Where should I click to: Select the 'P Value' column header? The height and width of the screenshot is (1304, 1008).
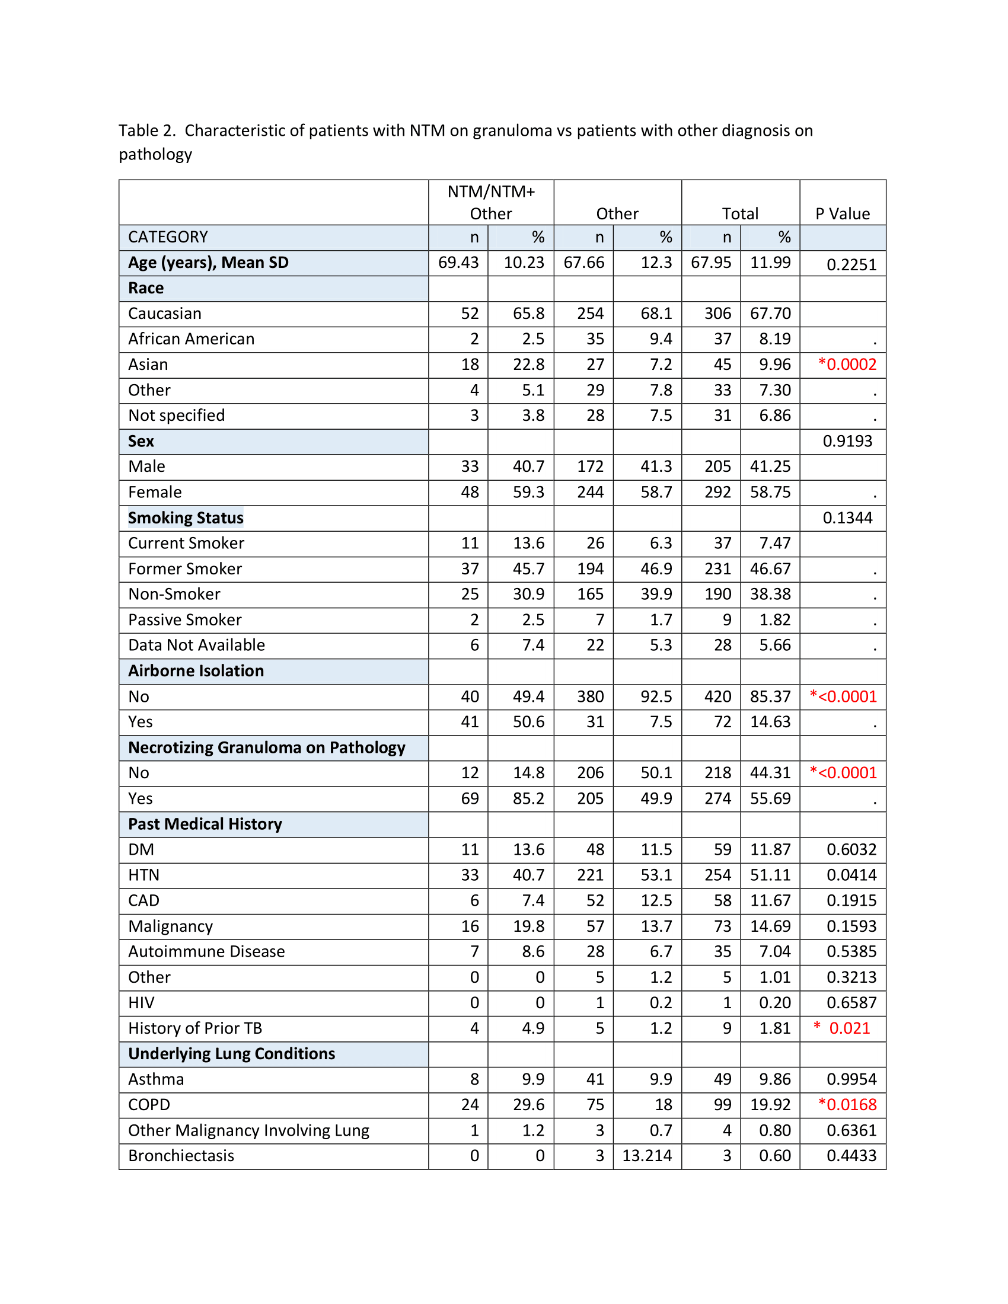(842, 214)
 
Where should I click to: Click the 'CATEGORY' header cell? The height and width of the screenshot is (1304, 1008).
(168, 237)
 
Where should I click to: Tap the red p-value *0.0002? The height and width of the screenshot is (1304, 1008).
(847, 364)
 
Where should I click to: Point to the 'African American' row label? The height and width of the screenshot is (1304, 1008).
(191, 339)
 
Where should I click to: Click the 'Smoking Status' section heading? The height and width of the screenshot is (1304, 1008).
(186, 517)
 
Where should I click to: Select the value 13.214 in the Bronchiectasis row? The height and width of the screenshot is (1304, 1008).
(647, 1155)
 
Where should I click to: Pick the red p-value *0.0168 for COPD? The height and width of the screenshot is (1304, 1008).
(847, 1105)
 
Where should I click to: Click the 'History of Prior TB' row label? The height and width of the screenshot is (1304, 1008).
(195, 1028)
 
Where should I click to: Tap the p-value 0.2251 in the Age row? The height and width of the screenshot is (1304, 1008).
(851, 264)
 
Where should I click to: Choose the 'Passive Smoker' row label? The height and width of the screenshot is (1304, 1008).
(185, 620)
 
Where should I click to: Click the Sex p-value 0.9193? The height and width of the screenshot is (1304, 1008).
(847, 441)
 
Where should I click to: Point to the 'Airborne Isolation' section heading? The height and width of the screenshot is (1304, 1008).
(196, 671)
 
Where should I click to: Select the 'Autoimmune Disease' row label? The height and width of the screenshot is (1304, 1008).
(206, 952)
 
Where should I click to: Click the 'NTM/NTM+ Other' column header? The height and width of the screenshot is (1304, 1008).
(491, 202)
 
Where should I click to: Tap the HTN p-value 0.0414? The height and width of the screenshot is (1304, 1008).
(851, 875)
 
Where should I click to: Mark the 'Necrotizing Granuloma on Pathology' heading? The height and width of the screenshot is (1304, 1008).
(267, 747)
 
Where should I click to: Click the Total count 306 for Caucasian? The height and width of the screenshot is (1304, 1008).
(717, 314)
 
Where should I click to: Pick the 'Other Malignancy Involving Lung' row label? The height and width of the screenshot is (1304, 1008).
(249, 1130)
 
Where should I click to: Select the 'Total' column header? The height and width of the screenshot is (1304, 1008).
(740, 214)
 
